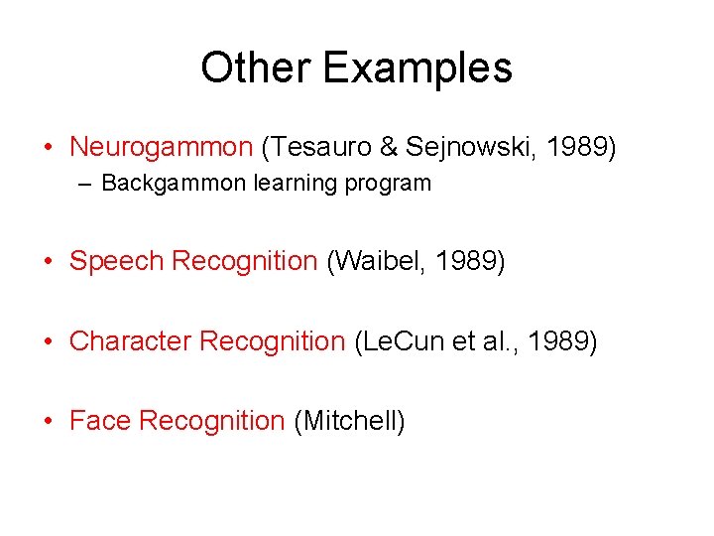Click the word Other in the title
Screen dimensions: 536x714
tap(256, 68)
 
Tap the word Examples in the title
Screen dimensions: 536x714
tap(417, 68)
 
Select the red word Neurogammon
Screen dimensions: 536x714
tap(162, 148)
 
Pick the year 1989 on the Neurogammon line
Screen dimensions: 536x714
tap(579, 148)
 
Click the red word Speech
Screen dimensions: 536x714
tap(117, 261)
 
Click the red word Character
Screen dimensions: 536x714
tap(131, 341)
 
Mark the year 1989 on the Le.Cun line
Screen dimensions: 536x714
tap(560, 341)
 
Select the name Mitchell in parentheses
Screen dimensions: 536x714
tap(350, 421)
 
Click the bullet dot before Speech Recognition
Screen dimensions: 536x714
tap(48, 262)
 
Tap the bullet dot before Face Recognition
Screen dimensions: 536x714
tap(48, 422)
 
